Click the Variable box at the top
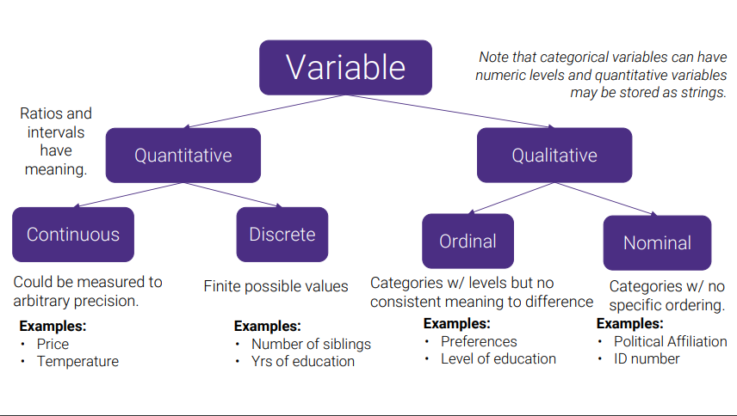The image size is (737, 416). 345,68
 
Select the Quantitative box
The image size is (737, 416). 183,156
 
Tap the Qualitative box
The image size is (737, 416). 554,156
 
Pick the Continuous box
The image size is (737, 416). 73,235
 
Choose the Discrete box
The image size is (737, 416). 282,235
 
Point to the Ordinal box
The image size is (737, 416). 468,241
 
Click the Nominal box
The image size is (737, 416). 657,243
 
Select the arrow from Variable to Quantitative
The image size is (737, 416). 264,111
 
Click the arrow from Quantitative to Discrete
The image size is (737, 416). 232,194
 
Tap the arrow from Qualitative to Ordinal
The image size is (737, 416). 511,198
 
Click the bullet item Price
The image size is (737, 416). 53,345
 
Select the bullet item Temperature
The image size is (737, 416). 78,362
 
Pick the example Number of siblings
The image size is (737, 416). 311,345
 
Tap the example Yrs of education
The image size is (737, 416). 303,362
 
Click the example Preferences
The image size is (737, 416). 479,341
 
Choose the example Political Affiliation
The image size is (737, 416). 670,341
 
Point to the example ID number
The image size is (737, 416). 647,358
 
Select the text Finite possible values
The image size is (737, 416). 276,286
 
